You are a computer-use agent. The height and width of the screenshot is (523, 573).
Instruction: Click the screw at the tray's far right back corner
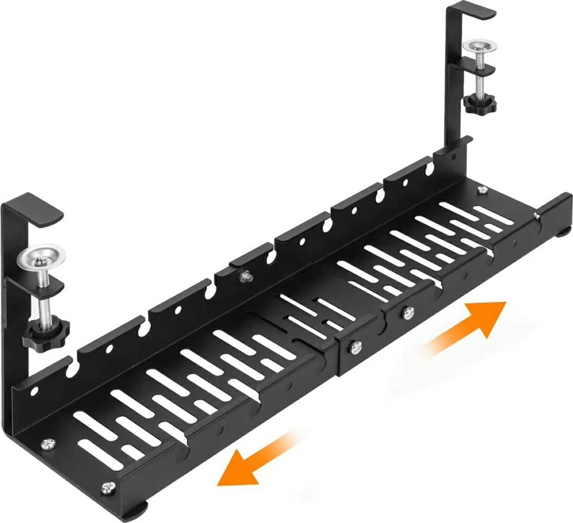pyautogui.click(x=481, y=191)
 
